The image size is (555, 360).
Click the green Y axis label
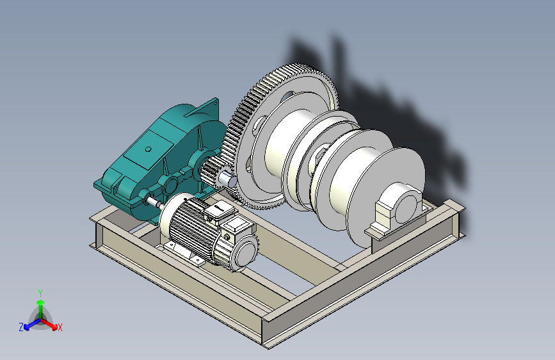click(x=40, y=293)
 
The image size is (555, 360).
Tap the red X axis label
click(x=60, y=328)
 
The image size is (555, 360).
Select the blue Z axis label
click(x=21, y=327)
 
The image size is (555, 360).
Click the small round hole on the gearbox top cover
click(x=149, y=149)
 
